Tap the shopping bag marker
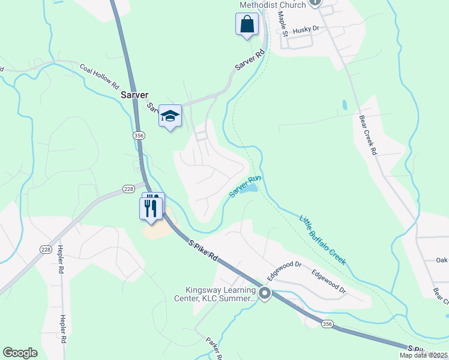click(246, 25)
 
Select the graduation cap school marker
click(170, 116)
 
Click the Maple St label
click(283, 20)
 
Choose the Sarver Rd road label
click(250, 61)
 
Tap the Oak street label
click(442, 260)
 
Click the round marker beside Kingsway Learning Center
click(264, 294)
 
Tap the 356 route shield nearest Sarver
click(139, 136)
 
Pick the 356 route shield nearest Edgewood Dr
click(327, 324)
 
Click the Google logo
click(20, 353)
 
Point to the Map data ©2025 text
click(423, 355)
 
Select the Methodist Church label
click(273, 5)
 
